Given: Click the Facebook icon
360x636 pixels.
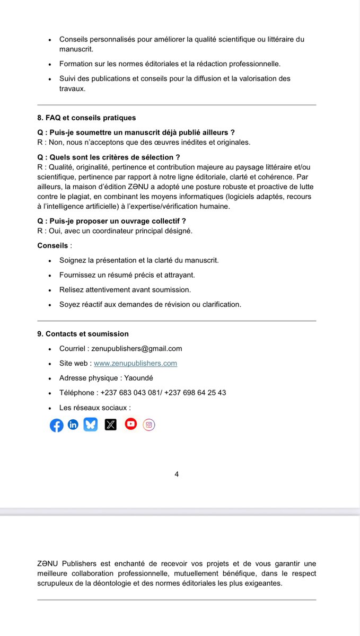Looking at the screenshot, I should (x=56, y=425).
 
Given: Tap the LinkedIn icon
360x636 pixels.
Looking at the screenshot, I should (x=73, y=425).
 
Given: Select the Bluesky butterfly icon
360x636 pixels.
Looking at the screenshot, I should (x=91, y=425).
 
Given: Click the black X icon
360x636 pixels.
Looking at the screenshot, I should (x=110, y=425).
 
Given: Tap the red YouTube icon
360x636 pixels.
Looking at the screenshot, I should (x=130, y=423).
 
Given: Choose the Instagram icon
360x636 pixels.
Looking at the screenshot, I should (x=149, y=424).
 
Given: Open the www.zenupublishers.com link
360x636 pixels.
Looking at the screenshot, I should (x=135, y=363).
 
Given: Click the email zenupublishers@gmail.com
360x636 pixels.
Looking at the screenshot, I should (x=136, y=348).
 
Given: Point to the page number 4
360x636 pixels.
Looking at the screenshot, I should (x=177, y=474).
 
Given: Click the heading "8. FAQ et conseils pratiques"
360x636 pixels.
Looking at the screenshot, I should (x=86, y=118).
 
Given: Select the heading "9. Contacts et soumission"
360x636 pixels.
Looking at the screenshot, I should (x=83, y=334).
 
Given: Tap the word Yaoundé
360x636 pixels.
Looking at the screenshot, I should (x=139, y=378).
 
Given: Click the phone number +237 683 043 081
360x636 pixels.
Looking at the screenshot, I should (x=130, y=393).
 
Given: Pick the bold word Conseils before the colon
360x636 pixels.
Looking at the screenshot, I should (x=52, y=246).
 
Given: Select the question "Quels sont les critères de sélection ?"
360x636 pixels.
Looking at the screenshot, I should (x=109, y=157).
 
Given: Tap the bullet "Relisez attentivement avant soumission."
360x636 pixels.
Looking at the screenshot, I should (x=125, y=290).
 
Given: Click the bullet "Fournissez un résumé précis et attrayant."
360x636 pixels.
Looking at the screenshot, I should (x=127, y=275).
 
